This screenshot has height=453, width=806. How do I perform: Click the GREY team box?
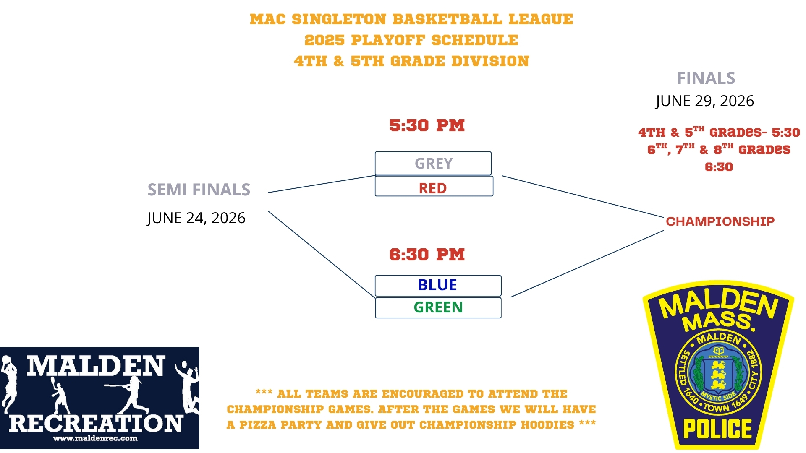(x=433, y=163)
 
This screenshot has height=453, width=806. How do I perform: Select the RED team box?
(x=434, y=186)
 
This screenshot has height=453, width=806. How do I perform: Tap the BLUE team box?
(x=438, y=286)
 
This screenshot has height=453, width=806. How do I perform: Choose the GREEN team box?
(x=438, y=308)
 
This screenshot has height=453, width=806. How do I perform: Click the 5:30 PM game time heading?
(x=427, y=125)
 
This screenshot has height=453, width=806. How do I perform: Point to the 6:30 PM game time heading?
(x=427, y=255)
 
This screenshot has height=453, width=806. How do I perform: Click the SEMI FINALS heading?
(x=199, y=190)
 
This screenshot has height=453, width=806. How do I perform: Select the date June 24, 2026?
(x=196, y=218)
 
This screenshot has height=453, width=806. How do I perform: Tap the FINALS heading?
(x=706, y=78)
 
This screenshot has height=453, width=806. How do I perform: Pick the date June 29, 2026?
(x=705, y=101)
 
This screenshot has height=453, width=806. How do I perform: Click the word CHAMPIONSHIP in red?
(x=720, y=221)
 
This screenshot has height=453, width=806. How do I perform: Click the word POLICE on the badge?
(x=717, y=429)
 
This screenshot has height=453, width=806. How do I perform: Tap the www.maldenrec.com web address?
(x=95, y=438)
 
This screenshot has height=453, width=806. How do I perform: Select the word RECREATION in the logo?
(x=96, y=423)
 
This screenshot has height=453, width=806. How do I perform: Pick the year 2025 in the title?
(x=324, y=40)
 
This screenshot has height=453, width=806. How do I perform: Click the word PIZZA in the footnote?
(x=258, y=425)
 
